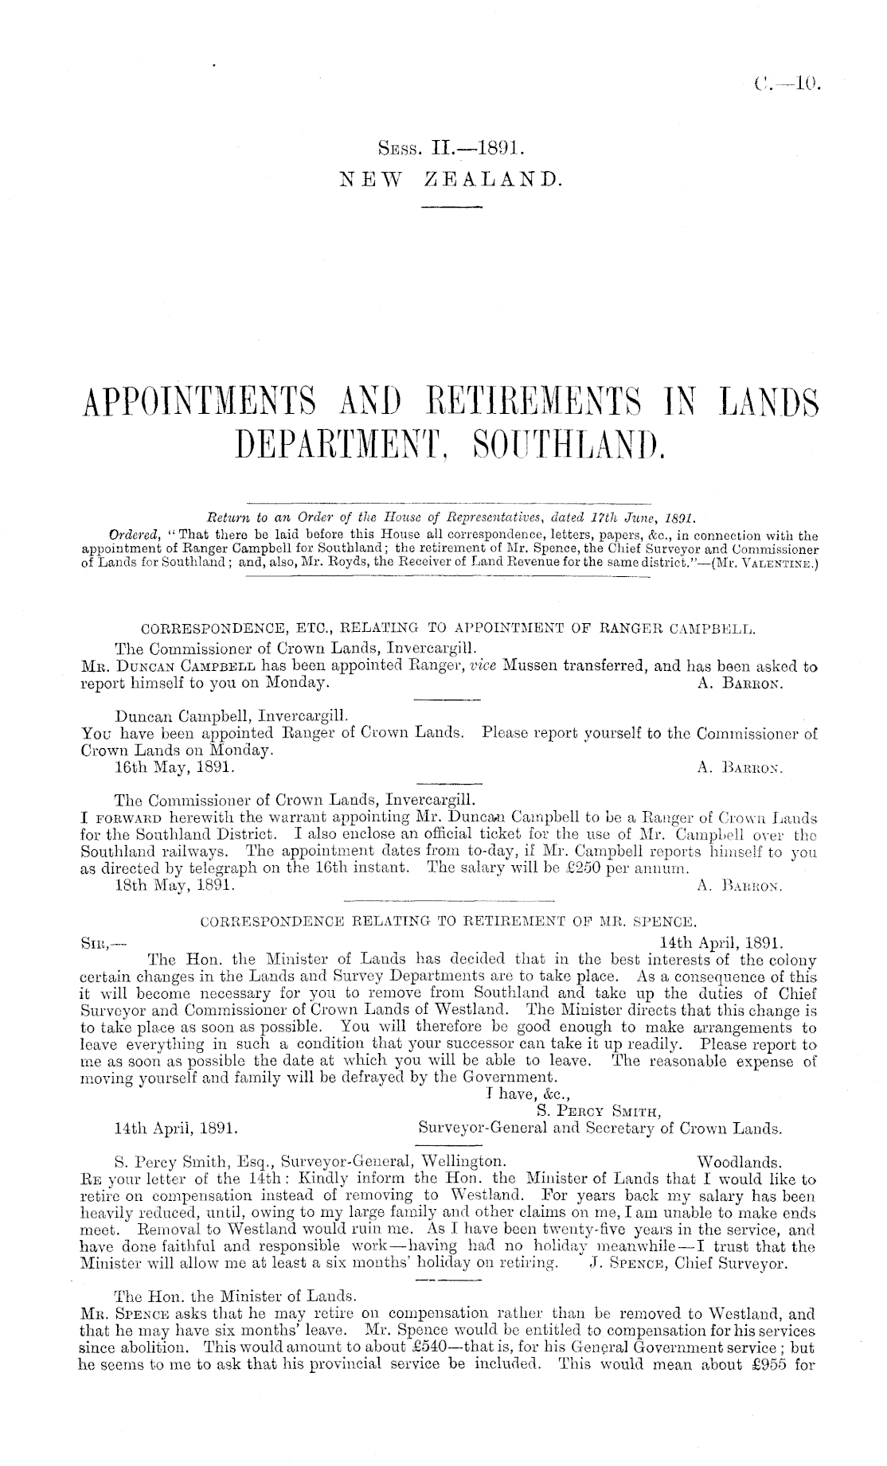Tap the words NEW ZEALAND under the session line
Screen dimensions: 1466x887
pos(451,182)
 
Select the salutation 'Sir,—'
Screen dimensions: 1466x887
pos(103,942)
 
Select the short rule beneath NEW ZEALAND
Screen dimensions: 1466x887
pos(451,208)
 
